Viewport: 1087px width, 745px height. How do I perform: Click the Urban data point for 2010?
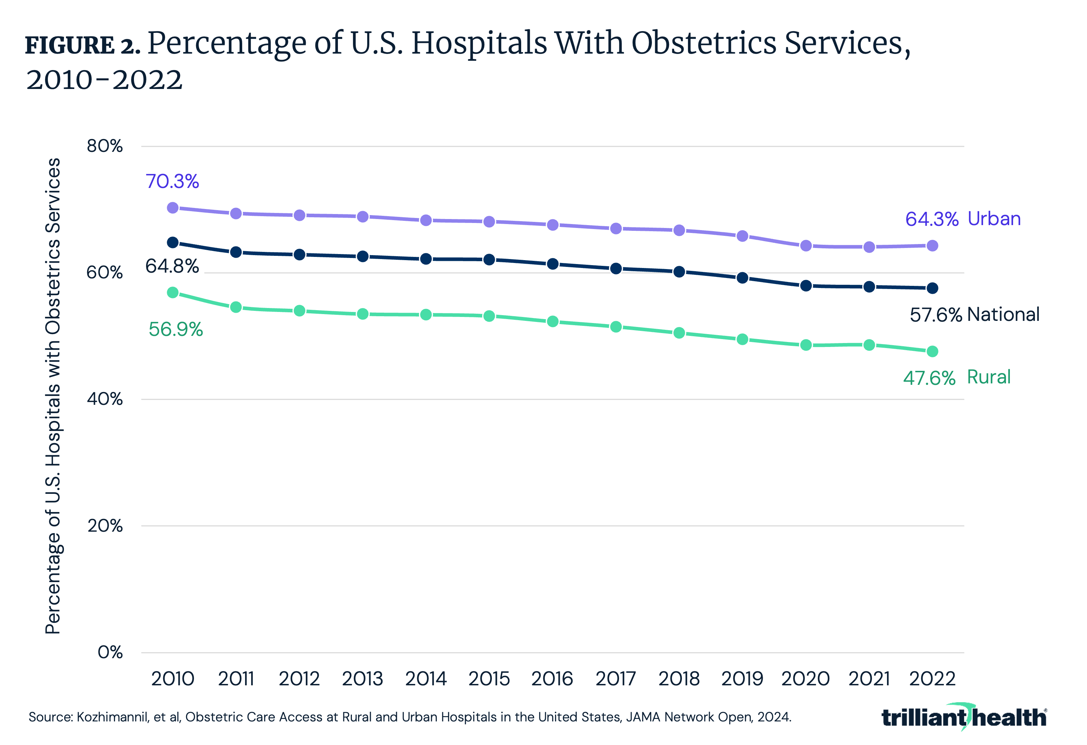(x=173, y=207)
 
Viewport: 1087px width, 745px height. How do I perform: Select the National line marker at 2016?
(x=552, y=264)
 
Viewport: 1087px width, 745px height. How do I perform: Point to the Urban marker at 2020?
(x=806, y=246)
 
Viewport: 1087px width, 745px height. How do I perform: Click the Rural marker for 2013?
(x=363, y=314)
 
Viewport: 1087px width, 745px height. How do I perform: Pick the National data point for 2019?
(x=742, y=278)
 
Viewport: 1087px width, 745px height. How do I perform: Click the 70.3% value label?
(x=172, y=182)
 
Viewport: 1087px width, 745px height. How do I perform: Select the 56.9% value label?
(x=175, y=329)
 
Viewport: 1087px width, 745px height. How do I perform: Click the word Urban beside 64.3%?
(x=994, y=219)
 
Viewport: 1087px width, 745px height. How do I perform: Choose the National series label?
(x=1003, y=314)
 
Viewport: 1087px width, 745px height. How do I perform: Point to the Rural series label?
(x=989, y=377)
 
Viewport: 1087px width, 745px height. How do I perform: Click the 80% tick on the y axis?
(x=104, y=146)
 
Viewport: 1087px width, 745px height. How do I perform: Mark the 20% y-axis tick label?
(x=105, y=526)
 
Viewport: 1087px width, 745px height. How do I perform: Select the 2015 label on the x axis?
(x=489, y=679)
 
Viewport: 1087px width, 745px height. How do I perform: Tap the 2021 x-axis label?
(x=869, y=679)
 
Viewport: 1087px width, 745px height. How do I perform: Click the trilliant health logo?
(x=963, y=717)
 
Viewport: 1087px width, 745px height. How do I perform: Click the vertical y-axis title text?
(x=53, y=396)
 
